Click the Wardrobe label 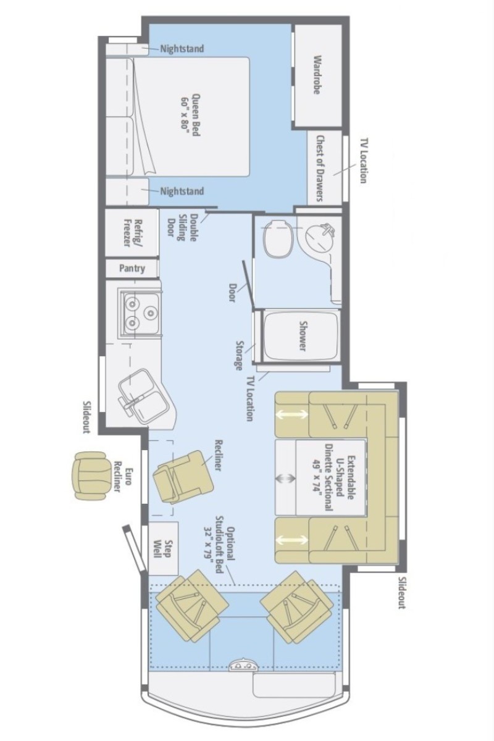coord(317,75)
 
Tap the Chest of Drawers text coord(319,168)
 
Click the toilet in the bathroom coord(279,239)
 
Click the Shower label coord(302,335)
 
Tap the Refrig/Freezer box coord(131,233)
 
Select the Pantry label coord(132,268)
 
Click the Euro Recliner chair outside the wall coord(90,476)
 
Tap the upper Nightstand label coord(182,49)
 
